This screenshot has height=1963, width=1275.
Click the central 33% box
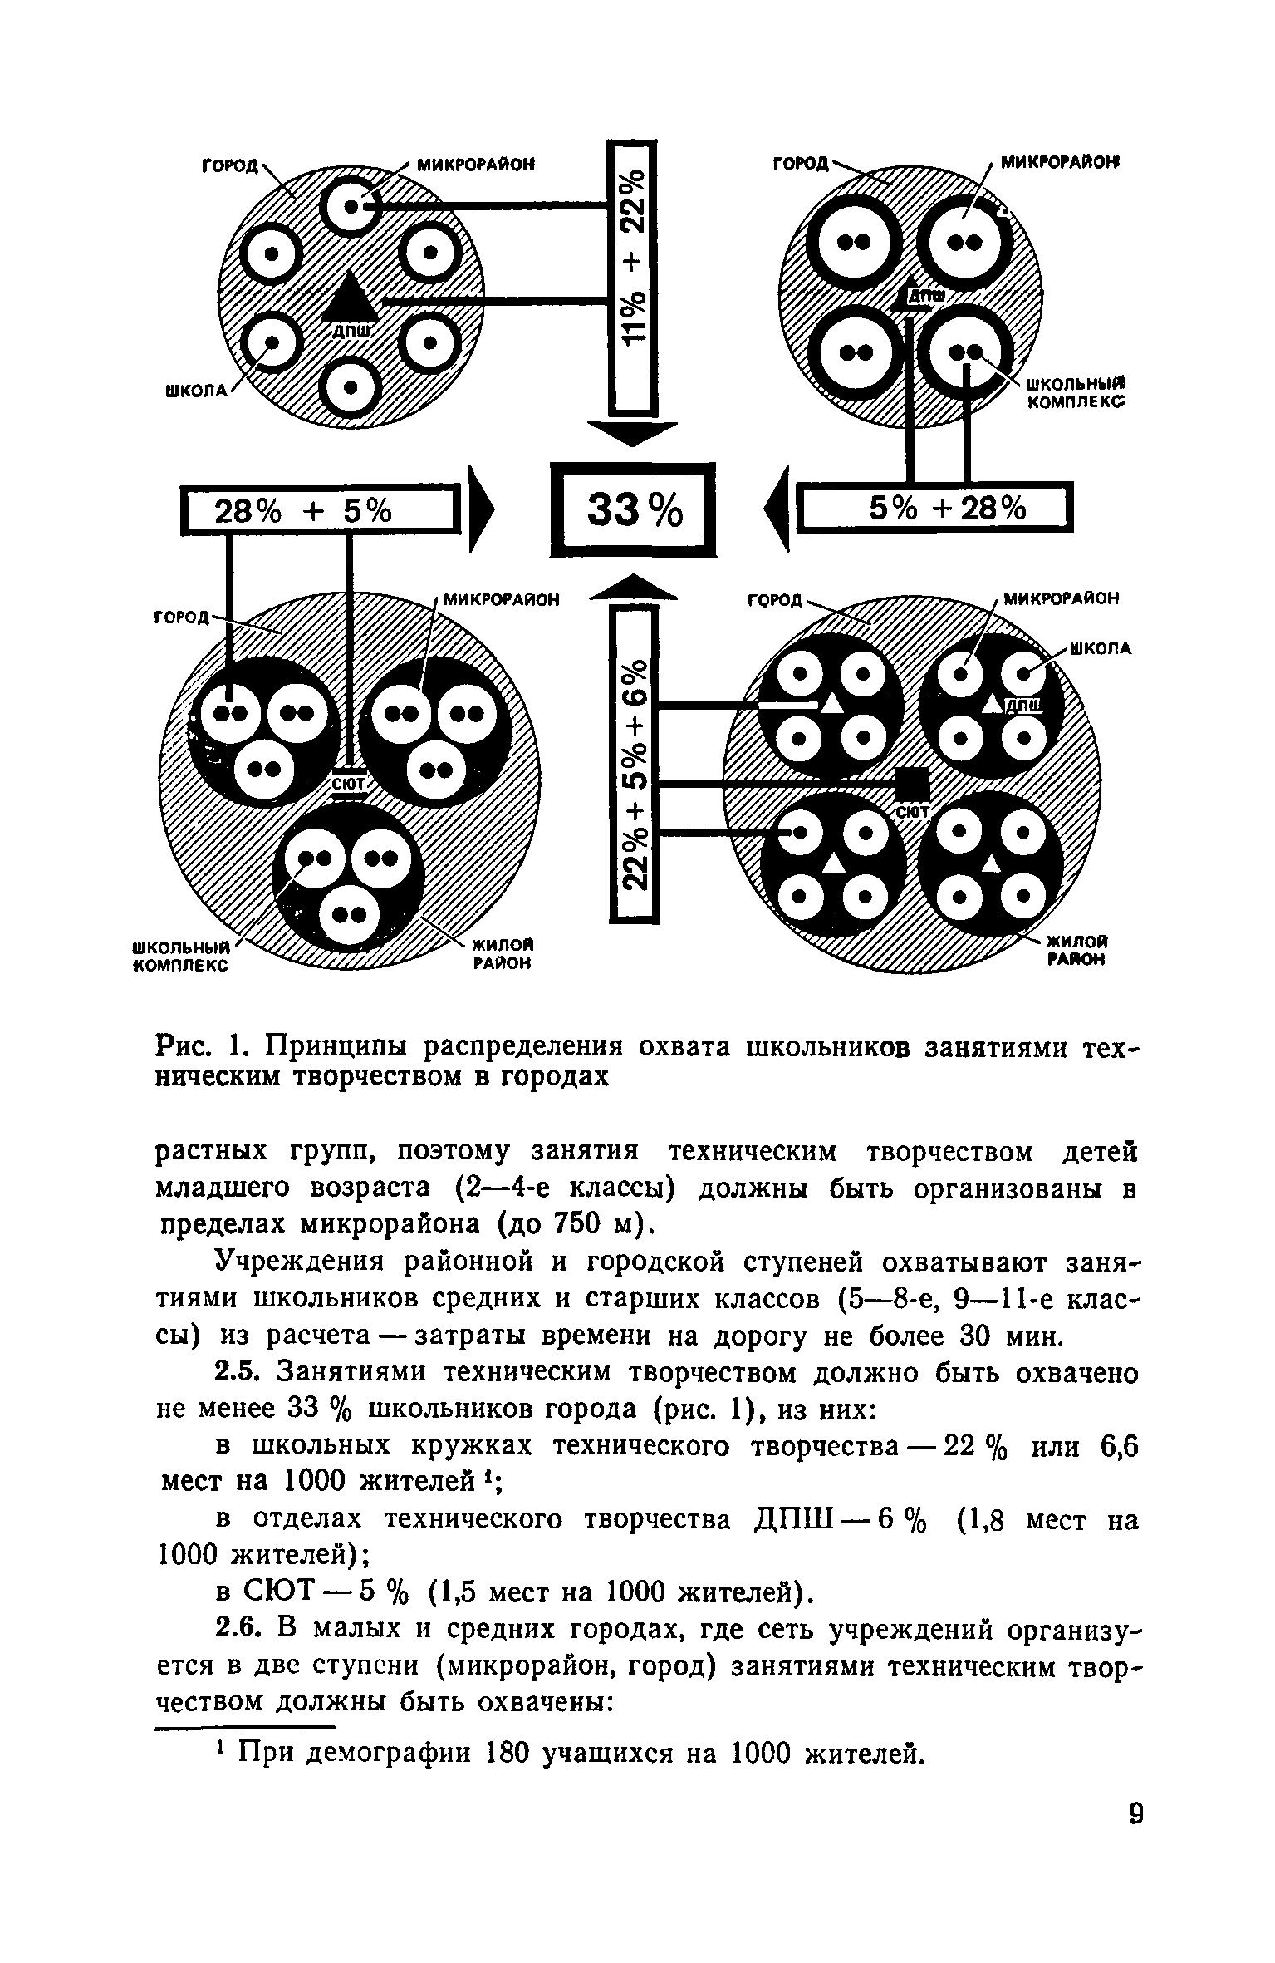point(633,509)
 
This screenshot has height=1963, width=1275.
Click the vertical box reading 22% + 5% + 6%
point(634,764)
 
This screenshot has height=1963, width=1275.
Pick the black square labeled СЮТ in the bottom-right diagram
point(911,783)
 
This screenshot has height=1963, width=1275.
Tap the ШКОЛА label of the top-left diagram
point(196,391)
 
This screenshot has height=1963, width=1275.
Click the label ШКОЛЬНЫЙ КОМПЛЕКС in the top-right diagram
point(1076,395)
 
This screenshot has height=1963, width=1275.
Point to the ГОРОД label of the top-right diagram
point(801,165)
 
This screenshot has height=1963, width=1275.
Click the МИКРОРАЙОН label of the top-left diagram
point(474,165)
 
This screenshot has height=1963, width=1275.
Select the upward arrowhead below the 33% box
point(633,587)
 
